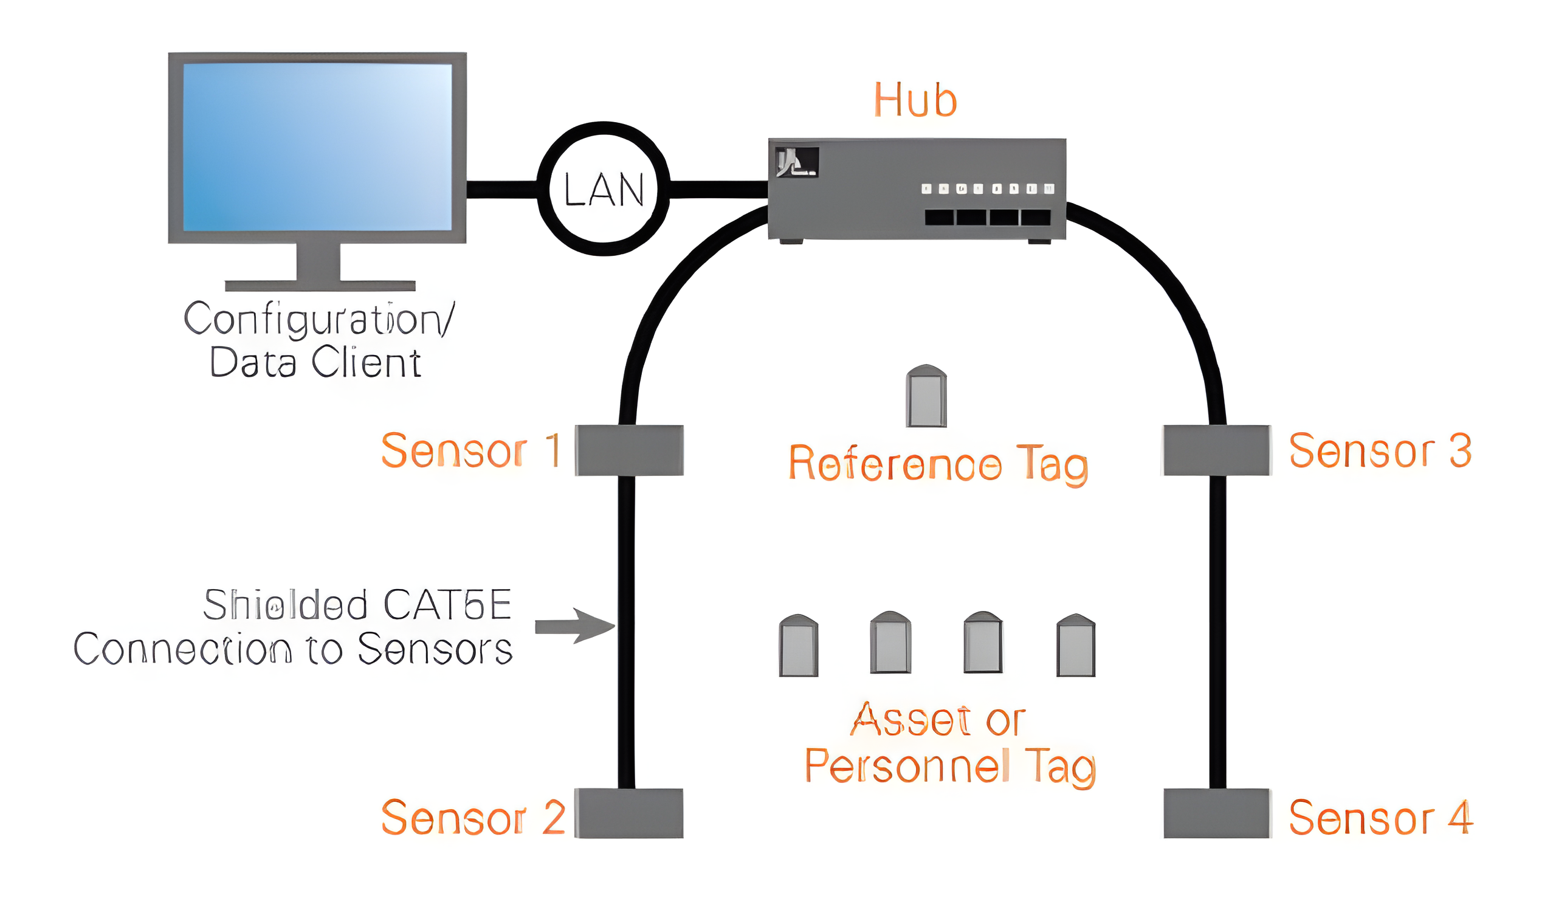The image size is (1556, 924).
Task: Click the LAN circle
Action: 603,188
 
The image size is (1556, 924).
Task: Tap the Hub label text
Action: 915,100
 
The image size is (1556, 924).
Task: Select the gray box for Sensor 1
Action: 628,450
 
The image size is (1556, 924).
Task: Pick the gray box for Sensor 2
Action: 628,813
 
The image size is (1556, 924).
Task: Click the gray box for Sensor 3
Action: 1217,450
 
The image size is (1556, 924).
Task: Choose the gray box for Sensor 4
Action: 1217,813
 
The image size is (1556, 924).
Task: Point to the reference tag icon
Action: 926,396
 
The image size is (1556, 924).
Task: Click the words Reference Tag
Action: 938,464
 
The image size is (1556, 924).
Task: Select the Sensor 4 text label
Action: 1380,818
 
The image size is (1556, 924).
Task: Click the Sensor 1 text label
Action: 470,450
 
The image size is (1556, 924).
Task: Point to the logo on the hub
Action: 796,162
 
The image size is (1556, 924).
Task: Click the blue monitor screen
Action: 317,147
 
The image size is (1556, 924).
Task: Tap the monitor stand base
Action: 320,285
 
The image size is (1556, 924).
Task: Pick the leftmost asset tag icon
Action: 799,646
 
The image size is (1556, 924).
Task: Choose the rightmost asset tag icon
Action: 1075,646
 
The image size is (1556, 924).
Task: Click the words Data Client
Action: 315,362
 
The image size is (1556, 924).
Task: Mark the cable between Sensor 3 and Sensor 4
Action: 1217,629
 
